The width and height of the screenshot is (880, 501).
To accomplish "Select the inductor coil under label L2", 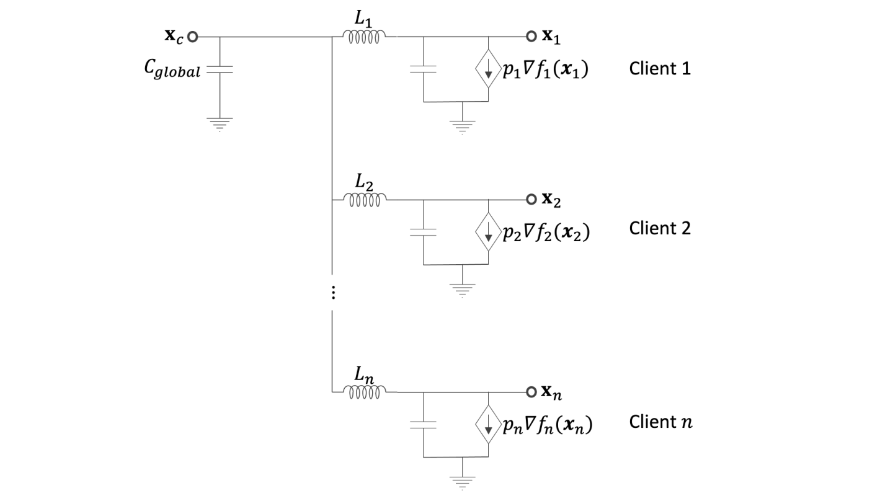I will (x=366, y=200).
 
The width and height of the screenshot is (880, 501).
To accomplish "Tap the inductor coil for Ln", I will (x=366, y=391).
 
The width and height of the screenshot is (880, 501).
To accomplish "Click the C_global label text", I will (x=169, y=71).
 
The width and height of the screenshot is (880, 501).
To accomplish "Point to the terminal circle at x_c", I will (x=192, y=37).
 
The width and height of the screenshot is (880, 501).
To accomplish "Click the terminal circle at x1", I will (x=531, y=37).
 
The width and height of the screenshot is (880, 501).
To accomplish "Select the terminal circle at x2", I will (x=531, y=200).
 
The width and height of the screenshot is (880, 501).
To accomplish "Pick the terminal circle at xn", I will (x=531, y=392).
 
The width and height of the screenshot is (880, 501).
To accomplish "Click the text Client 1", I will (x=660, y=68).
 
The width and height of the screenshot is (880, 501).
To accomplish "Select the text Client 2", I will (x=660, y=228).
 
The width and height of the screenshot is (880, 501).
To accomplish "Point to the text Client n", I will (x=660, y=422).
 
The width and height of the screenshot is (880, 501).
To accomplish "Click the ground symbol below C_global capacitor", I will (x=220, y=123).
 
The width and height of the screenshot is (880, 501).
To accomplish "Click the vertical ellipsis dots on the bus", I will (x=333, y=293).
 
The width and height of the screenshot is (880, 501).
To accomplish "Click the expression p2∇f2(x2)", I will (x=546, y=233).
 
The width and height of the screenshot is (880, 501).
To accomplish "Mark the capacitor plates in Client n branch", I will (x=423, y=425).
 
